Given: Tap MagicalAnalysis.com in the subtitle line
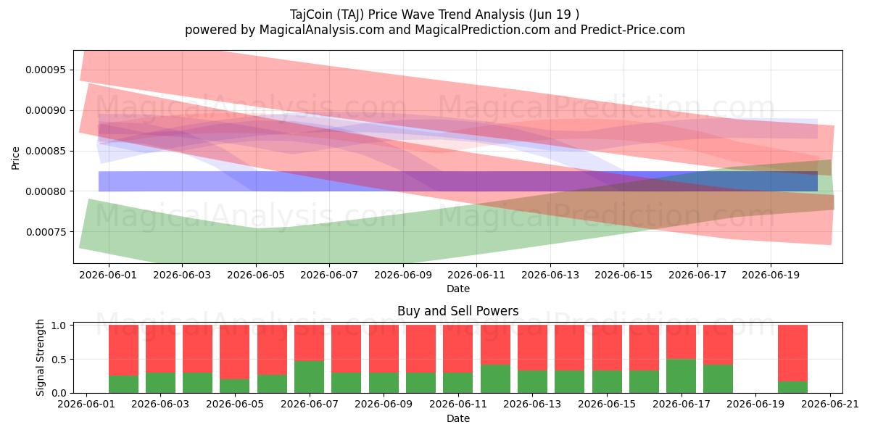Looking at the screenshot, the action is tap(322, 30).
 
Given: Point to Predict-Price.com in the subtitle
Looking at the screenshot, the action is tap(633, 30).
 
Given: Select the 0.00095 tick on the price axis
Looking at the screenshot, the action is tap(46, 70).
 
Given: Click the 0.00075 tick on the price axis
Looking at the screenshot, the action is tap(46, 232).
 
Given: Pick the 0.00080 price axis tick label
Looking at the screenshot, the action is tap(46, 191).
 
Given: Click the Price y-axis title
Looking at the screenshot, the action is tap(15, 159).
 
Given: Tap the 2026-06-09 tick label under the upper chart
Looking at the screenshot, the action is tap(403, 275).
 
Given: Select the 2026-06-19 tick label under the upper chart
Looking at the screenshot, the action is tap(771, 275).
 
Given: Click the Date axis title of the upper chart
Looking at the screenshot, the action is tap(458, 289).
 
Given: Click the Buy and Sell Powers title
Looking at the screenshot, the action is tap(458, 311).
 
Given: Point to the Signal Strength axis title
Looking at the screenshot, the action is tap(40, 357).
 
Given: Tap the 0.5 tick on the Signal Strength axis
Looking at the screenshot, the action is tap(59, 360).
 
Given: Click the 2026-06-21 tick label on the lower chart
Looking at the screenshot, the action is tap(830, 405).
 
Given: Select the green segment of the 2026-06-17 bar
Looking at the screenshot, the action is tap(681, 376).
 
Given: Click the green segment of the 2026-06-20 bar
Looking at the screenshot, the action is tap(792, 387).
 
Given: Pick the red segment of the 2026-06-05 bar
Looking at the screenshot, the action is tap(235, 352).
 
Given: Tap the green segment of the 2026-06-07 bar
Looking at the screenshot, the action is tap(309, 377).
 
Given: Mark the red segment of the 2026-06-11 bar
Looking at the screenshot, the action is tap(458, 349).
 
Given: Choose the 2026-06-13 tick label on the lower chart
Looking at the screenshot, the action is tap(532, 405).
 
